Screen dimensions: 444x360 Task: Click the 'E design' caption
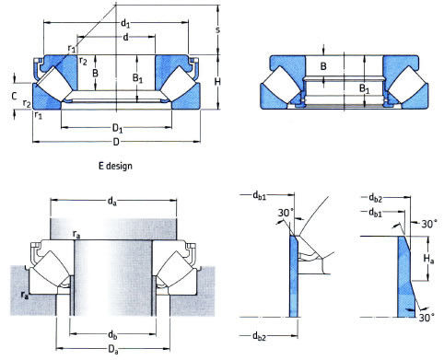pyautogui.click(x=115, y=166)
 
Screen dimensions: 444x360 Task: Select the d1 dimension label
pyautogui.click(x=125, y=23)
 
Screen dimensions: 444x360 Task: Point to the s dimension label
pyautogui.click(x=217, y=30)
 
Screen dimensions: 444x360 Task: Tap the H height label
pyautogui.click(x=217, y=82)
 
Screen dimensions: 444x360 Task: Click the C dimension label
pyautogui.click(x=14, y=97)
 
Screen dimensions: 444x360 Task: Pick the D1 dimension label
pyautogui.click(x=117, y=128)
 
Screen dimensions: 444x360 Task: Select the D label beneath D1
pyautogui.click(x=116, y=143)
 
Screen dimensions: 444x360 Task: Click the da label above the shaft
pyautogui.click(x=112, y=202)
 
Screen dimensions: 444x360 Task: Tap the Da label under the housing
pyautogui.click(x=113, y=350)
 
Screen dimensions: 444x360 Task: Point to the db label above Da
pyautogui.click(x=112, y=335)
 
